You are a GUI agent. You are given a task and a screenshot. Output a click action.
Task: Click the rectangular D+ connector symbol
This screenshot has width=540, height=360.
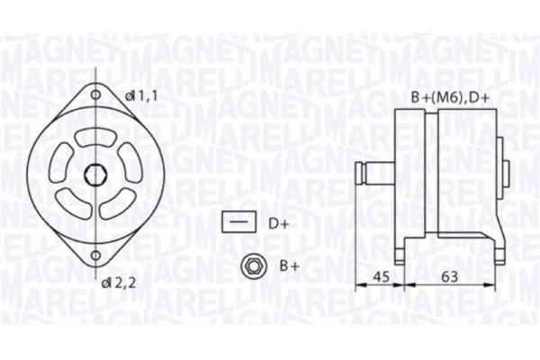coord(238,220)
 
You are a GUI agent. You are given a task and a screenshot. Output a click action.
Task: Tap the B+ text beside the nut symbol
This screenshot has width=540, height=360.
coord(288,266)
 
